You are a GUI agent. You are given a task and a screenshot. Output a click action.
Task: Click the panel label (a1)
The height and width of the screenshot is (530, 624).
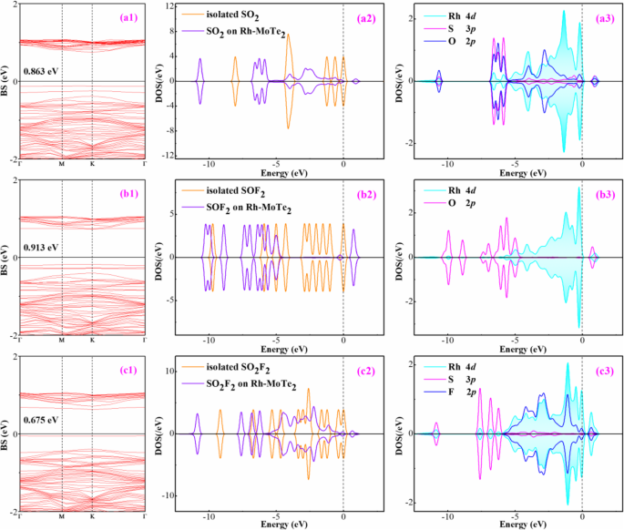coord(124,16)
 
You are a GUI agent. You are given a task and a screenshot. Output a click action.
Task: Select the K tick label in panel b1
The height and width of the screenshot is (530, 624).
coord(92,341)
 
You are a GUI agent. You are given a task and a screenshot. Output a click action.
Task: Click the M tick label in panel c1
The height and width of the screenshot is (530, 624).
coord(61,517)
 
